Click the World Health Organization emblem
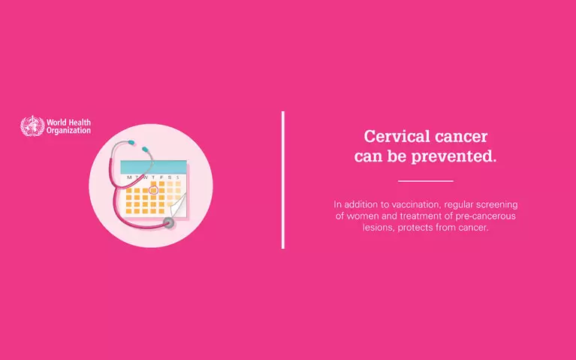point(32,126)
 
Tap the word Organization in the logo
point(68,130)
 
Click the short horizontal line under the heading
point(425,181)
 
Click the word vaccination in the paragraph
point(418,204)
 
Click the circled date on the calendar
point(153,190)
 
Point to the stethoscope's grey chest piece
point(170,222)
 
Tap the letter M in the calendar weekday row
point(129,177)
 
